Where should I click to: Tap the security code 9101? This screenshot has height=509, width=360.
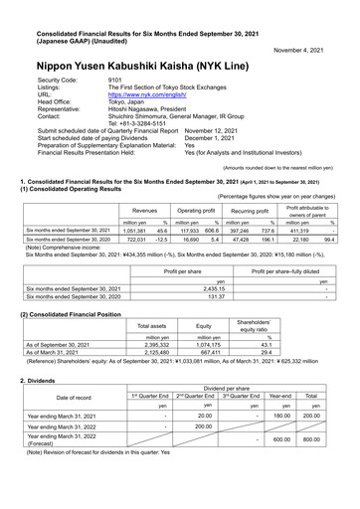point(115,78)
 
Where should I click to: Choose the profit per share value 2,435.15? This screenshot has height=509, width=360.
point(175,289)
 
